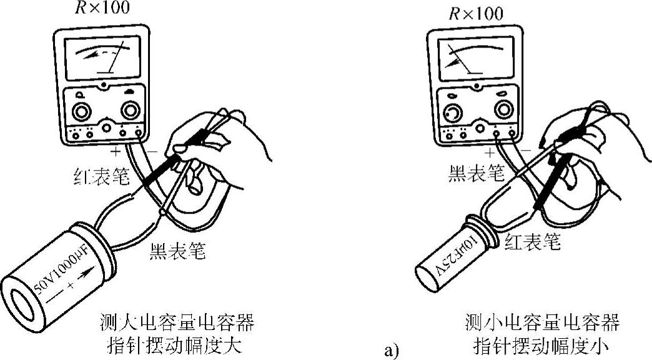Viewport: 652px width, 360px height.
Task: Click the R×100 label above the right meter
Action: (476, 12)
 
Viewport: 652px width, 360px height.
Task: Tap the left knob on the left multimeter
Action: (80, 112)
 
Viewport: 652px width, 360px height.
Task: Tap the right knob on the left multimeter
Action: (130, 111)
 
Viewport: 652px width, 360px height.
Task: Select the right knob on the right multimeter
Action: (503, 109)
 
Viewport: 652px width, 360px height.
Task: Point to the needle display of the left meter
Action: (103, 57)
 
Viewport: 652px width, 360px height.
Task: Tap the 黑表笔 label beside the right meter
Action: (476, 174)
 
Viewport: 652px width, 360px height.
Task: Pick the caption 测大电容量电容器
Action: (177, 324)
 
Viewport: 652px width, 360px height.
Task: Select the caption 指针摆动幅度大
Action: (177, 345)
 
